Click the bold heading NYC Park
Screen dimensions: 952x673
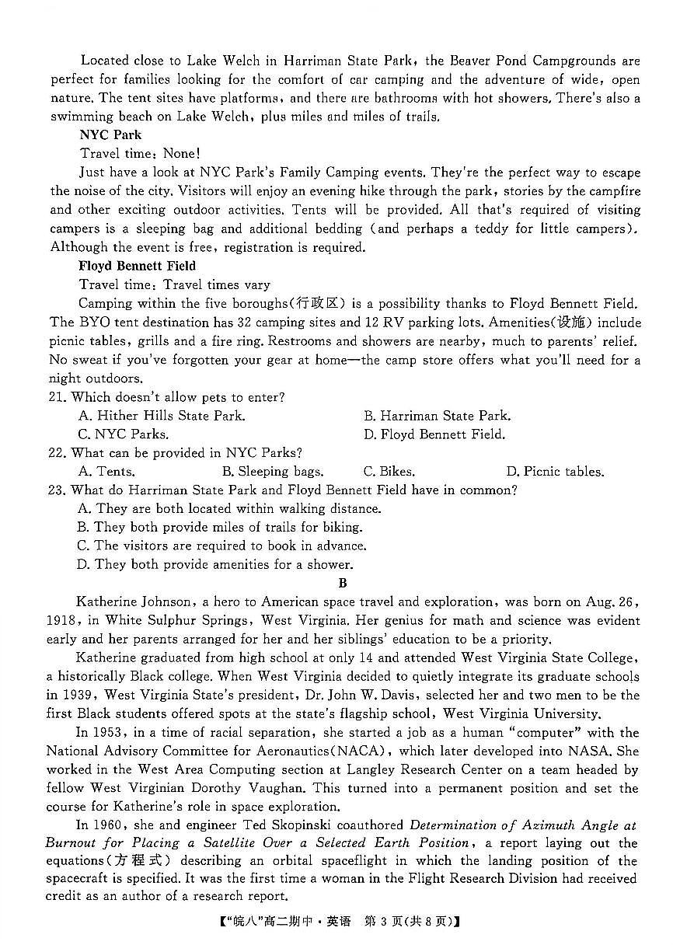tap(110, 135)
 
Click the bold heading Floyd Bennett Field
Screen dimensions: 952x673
tap(137, 266)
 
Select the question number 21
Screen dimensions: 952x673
tap(58, 397)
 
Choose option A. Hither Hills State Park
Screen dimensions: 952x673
tap(162, 416)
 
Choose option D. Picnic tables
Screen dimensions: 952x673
tap(554, 472)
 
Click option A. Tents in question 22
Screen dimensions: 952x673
tap(106, 472)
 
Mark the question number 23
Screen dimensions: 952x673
tap(58, 490)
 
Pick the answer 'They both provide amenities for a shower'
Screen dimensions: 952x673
tap(215, 565)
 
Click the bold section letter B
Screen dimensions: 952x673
tap(343, 583)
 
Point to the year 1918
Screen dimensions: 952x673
tap(61, 621)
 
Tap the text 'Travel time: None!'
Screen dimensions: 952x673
tap(140, 154)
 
